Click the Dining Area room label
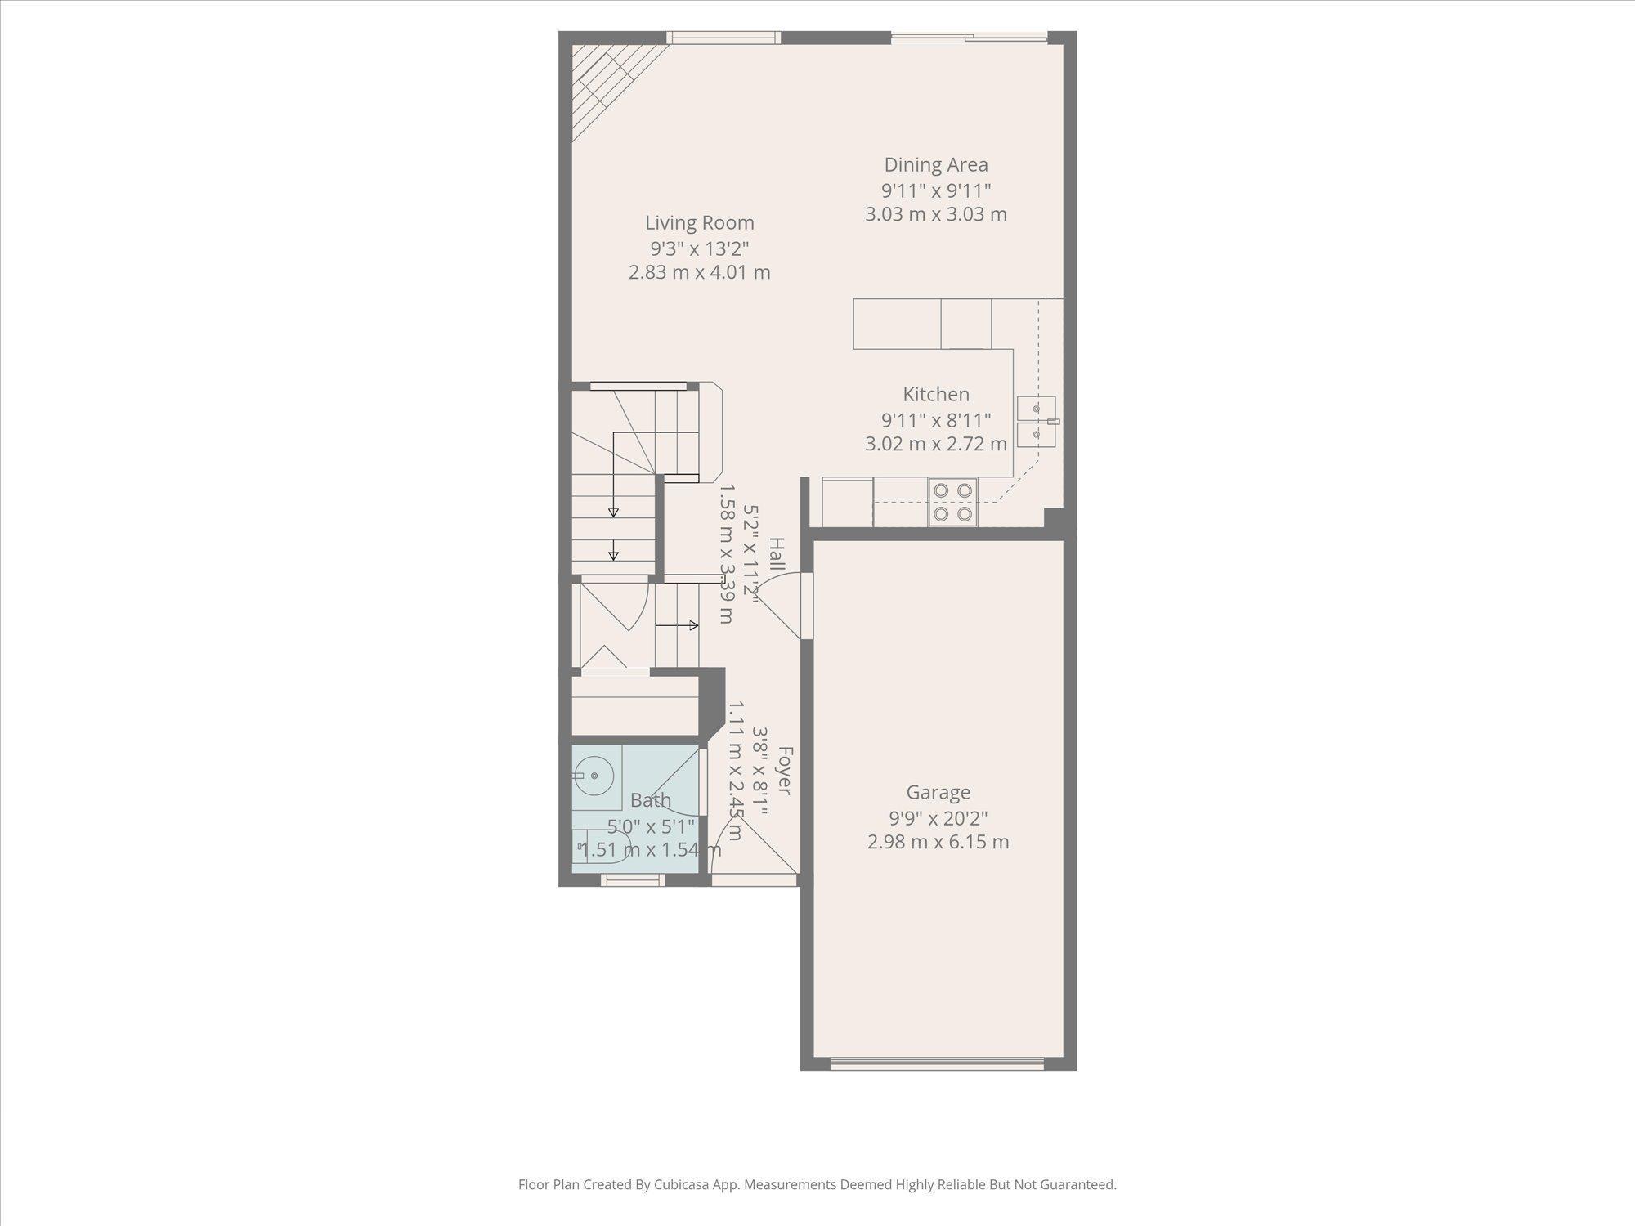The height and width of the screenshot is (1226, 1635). (936, 164)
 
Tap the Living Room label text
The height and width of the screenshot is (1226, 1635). (699, 222)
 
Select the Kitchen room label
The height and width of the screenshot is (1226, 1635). (936, 394)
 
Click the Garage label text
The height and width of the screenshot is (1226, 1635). (938, 792)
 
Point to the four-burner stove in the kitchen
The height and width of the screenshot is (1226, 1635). (953, 502)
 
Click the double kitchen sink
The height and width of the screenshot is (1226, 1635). (1037, 421)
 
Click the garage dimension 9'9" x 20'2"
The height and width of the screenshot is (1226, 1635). (938, 817)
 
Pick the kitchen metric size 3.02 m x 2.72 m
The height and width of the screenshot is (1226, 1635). (936, 444)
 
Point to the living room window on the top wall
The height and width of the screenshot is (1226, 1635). (723, 37)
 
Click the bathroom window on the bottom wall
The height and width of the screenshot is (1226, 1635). (632, 880)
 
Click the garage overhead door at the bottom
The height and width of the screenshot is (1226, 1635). (937, 1063)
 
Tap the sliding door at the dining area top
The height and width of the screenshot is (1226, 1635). (969, 37)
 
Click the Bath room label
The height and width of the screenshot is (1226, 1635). (651, 800)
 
